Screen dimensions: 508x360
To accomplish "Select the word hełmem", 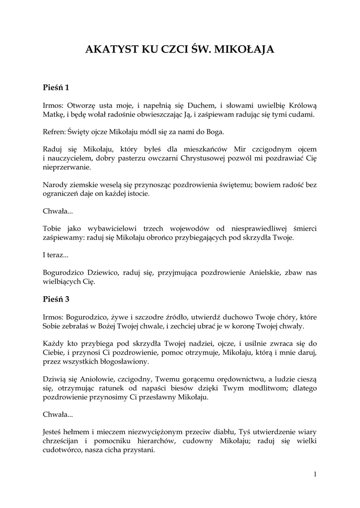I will tap(75, 432).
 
